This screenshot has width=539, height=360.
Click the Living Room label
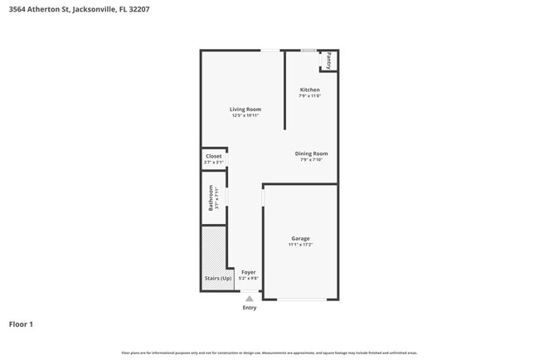245,109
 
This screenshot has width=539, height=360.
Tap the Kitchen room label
309,90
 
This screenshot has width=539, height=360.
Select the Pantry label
328,61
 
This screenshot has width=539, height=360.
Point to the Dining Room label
312,153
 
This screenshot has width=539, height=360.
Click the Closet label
213,156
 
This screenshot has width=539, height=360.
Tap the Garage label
300,239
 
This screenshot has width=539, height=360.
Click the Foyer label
249,272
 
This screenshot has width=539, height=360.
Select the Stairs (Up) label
217,279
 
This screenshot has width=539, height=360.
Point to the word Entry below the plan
250,308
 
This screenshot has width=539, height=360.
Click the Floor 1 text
21,324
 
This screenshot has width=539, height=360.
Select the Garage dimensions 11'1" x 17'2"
300,245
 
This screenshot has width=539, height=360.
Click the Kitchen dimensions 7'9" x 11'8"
309,96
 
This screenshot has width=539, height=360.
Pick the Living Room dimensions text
245,115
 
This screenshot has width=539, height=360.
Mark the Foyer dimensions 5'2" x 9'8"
249,279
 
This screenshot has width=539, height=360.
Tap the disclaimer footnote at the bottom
269,353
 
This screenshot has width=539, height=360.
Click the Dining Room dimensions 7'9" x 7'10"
312,159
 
